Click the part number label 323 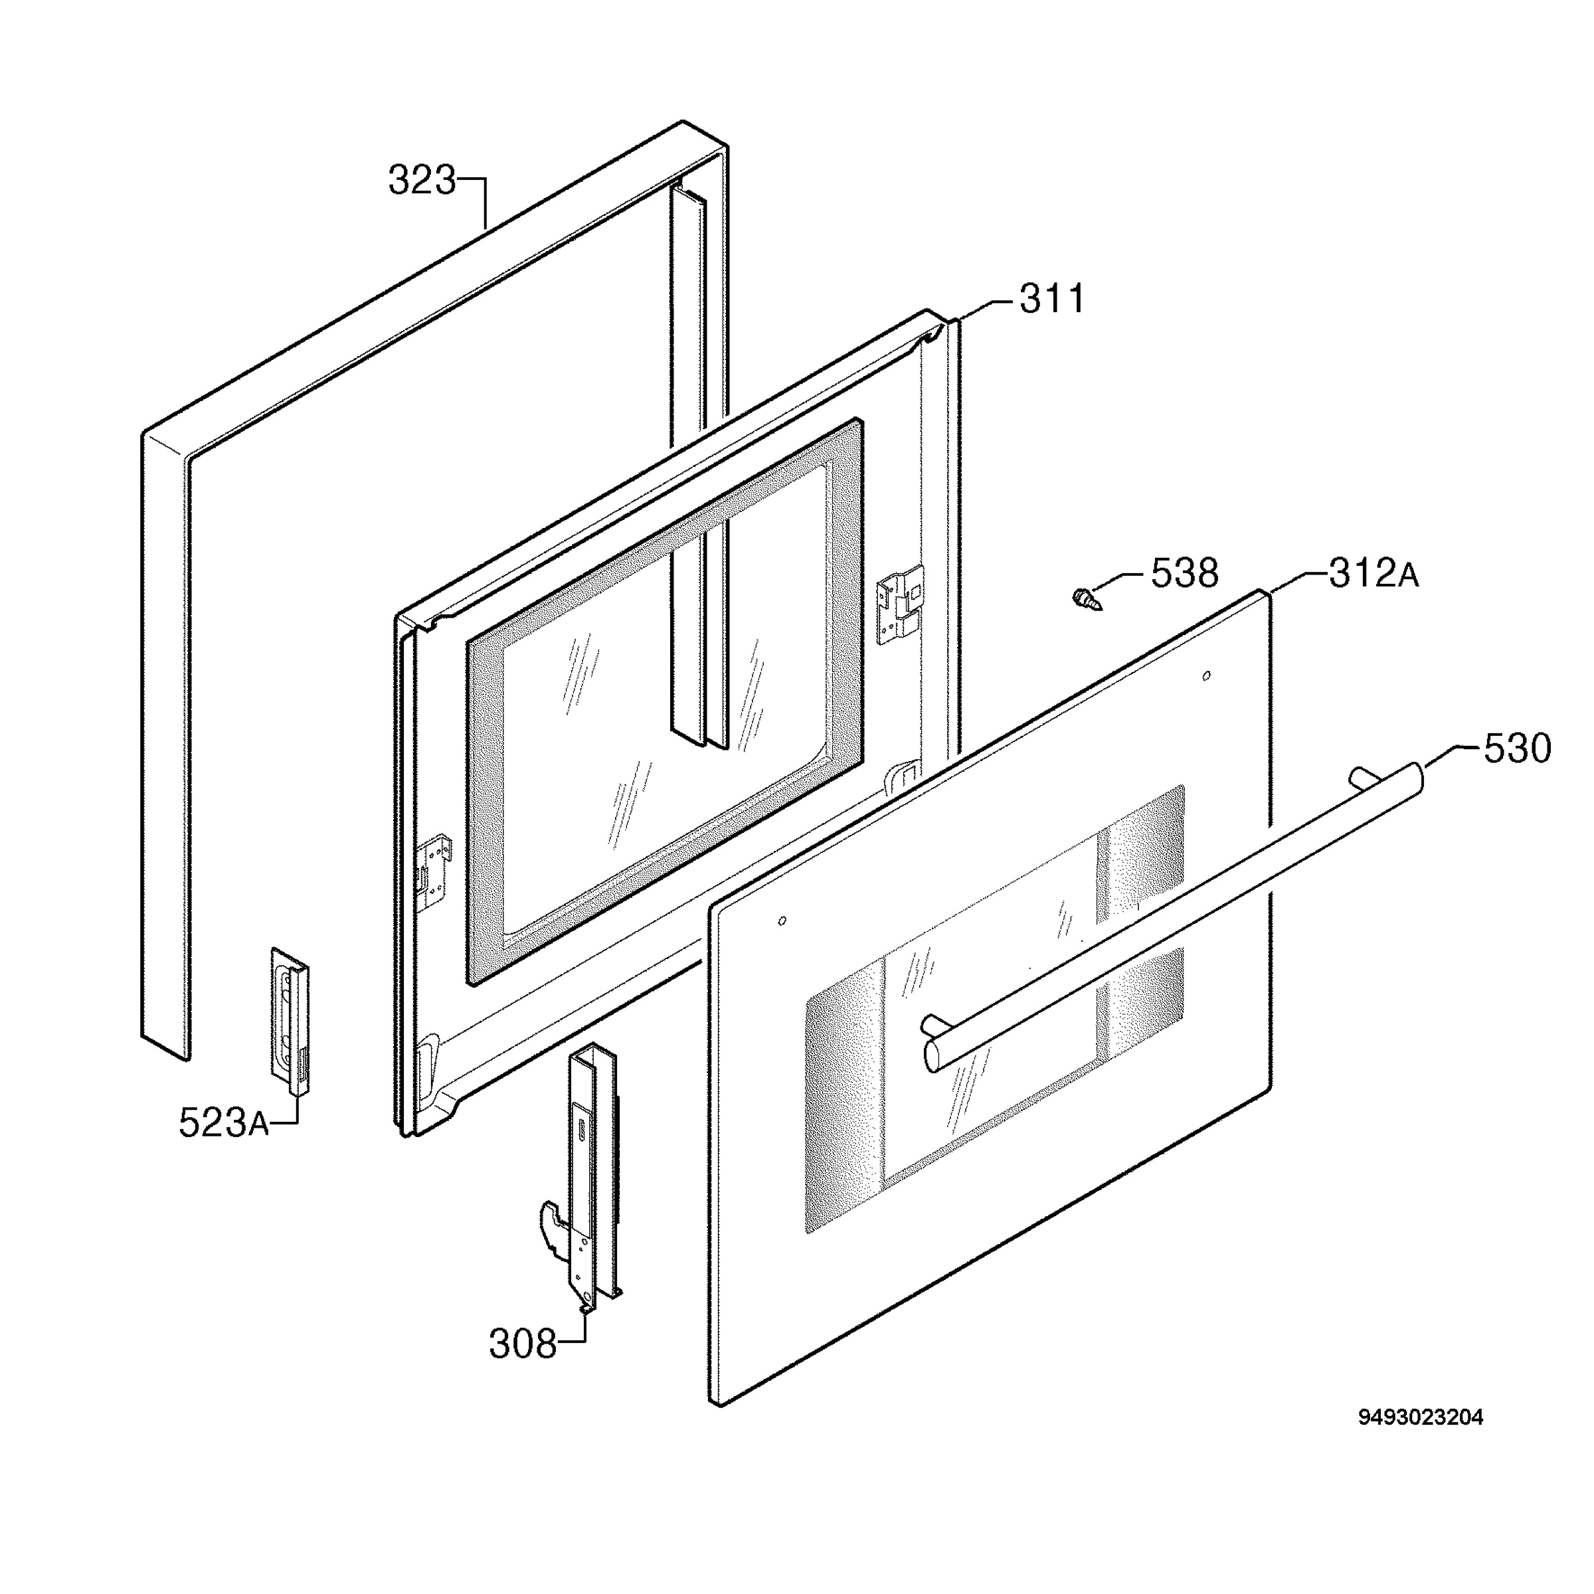coord(422,181)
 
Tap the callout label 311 coord(1052,299)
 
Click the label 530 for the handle coord(1517,749)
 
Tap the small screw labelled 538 coord(1087,598)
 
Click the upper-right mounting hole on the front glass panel coord(1206,675)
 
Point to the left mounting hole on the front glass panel coord(782,921)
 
